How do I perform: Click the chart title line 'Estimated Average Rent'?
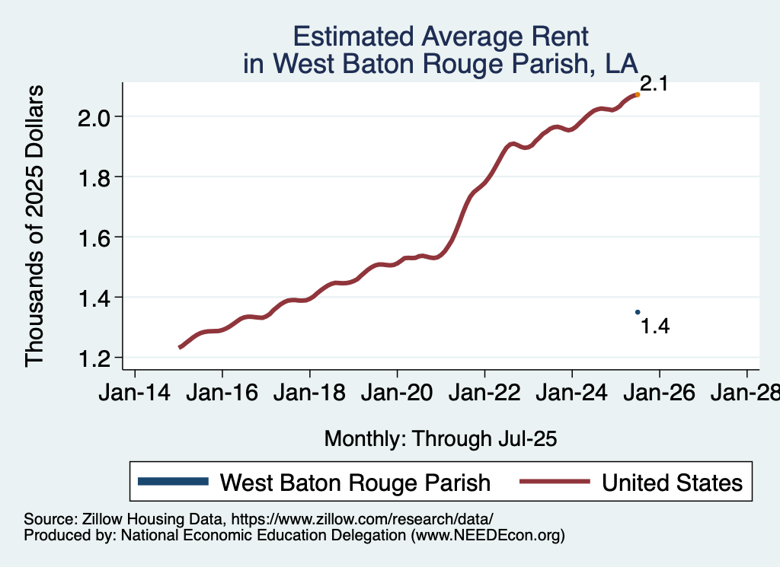pyautogui.click(x=441, y=36)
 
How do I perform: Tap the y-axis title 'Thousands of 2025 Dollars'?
pyautogui.click(x=35, y=225)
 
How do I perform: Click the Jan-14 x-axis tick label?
pyautogui.click(x=135, y=393)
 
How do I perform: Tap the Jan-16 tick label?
pyautogui.click(x=222, y=393)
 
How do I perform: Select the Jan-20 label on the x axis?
pyautogui.click(x=397, y=393)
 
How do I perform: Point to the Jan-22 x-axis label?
pyautogui.click(x=484, y=393)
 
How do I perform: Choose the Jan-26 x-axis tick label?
pyautogui.click(x=659, y=393)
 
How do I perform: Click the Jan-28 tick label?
pyautogui.click(x=745, y=393)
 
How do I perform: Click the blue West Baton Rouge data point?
pyautogui.click(x=638, y=312)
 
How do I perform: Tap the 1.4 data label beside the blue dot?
pyautogui.click(x=655, y=327)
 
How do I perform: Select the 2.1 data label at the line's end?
pyautogui.click(x=654, y=84)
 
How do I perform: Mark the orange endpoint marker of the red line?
pyautogui.click(x=638, y=94)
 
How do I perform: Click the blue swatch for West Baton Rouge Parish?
pyautogui.click(x=173, y=481)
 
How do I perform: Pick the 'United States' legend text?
pyautogui.click(x=672, y=482)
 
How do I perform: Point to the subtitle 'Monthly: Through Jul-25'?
pyautogui.click(x=441, y=438)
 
